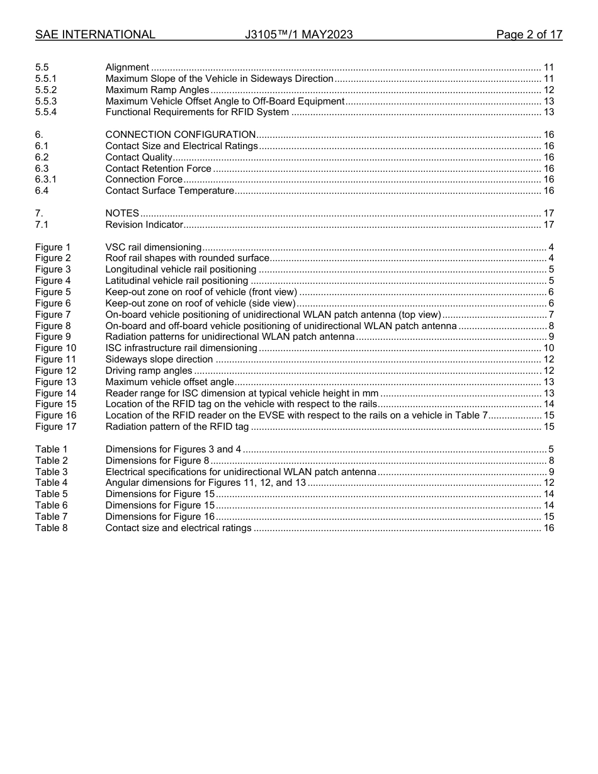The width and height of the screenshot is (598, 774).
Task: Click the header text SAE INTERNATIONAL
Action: click(95, 35)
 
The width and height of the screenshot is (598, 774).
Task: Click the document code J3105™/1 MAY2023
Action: click(298, 35)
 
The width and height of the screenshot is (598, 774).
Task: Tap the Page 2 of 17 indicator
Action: click(529, 35)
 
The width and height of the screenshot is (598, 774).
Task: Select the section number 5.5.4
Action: click(46, 113)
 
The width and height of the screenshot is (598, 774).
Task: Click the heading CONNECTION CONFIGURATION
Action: click(180, 135)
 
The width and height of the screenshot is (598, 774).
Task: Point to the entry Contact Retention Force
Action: click(158, 169)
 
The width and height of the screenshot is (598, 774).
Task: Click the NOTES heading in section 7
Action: click(122, 214)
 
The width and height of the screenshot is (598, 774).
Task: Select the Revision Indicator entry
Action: click(144, 225)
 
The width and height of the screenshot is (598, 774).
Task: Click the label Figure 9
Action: click(53, 337)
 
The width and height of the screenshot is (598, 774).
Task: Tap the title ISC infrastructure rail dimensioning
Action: click(181, 349)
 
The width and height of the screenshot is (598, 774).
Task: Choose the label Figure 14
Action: click(55, 393)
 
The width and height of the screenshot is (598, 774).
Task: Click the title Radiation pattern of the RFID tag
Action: click(177, 427)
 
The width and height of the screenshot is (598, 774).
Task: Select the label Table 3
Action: click(51, 472)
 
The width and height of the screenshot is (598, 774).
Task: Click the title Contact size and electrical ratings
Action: click(178, 528)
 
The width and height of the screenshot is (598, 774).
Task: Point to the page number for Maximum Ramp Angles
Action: click(548, 90)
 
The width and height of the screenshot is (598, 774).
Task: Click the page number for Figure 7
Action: click(551, 315)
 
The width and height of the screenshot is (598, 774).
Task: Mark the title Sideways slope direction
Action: click(159, 360)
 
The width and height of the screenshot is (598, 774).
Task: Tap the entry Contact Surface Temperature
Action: click(169, 191)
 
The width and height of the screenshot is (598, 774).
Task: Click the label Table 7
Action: click(51, 517)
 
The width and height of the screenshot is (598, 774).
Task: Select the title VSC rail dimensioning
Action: click(153, 247)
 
